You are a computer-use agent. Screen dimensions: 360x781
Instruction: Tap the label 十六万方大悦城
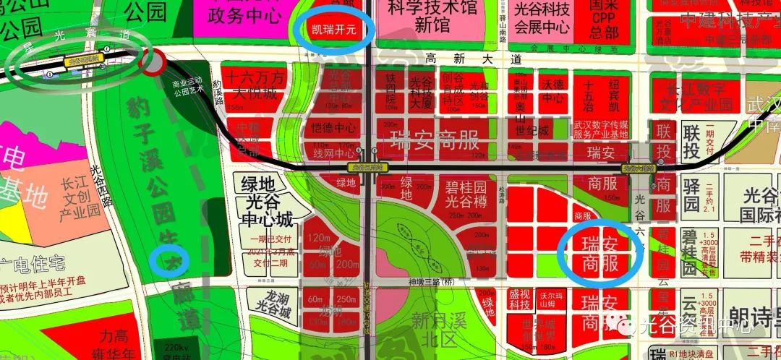tap(254, 85)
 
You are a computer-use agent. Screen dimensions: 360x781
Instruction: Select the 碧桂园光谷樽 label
tap(465, 195)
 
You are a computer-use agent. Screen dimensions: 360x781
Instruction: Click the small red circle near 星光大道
tap(153, 63)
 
